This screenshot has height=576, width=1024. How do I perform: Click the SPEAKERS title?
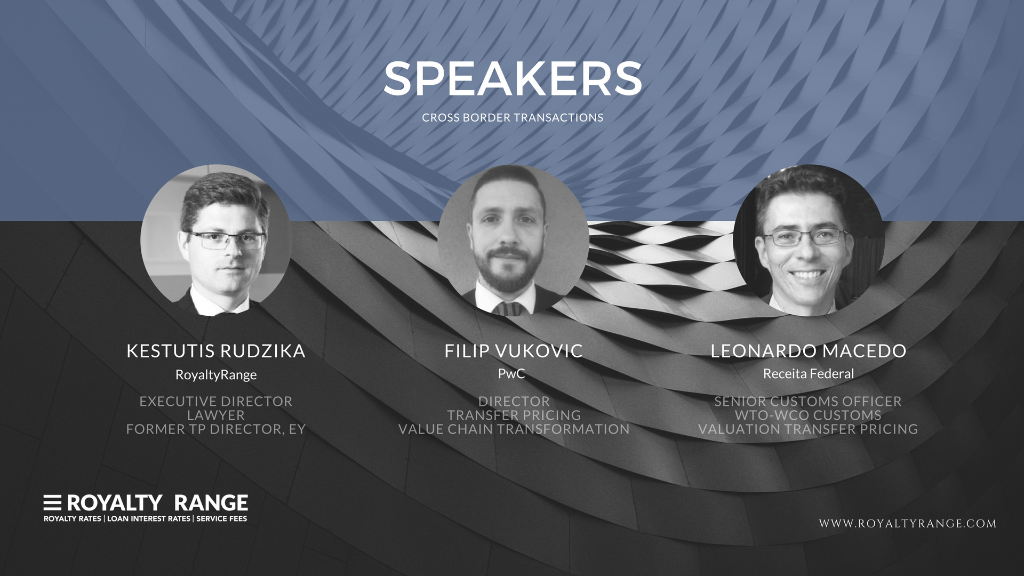tap(513, 78)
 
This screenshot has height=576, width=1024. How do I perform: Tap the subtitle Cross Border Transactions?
tap(513, 118)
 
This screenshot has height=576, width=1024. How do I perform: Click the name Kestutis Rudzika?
tap(216, 351)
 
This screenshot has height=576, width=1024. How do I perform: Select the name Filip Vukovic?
tap(514, 351)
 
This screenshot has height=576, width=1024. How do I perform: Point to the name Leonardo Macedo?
tap(809, 351)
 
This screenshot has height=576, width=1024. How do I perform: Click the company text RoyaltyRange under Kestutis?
tap(216, 375)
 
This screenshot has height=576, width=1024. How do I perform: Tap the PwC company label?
tap(511, 374)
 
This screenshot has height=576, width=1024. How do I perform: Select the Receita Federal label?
tap(809, 374)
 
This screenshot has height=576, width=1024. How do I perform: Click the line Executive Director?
tap(216, 402)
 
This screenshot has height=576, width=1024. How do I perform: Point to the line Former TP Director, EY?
tap(216, 429)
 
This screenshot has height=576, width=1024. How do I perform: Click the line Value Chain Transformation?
tap(514, 429)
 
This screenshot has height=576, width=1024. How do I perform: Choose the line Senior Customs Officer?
tap(808, 402)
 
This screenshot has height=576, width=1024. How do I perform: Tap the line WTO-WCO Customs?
tap(808, 415)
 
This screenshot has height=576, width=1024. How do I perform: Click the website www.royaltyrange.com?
tap(908, 524)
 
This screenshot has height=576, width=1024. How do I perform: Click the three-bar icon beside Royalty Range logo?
tap(52, 503)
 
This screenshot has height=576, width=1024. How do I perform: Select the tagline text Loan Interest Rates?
tap(149, 519)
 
